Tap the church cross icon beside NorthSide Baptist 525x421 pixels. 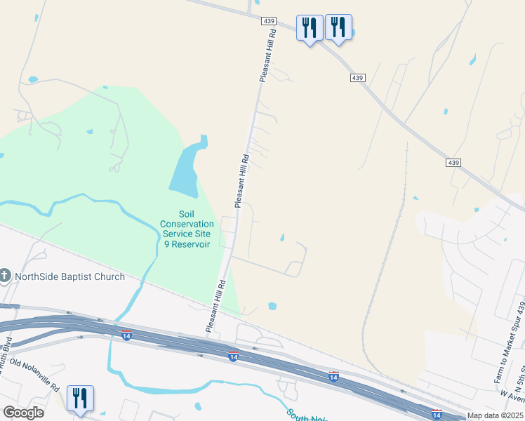click(x=5, y=276)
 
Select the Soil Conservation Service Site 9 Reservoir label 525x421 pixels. click(x=186, y=229)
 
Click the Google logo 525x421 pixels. click(x=24, y=413)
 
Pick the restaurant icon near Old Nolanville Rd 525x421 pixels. click(x=80, y=399)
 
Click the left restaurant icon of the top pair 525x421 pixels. click(x=310, y=28)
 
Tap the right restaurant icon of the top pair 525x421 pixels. click(x=338, y=28)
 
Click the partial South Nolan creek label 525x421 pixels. click(x=306, y=416)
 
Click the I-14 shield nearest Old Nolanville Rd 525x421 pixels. click(x=126, y=334)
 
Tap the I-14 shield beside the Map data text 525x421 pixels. click(x=436, y=415)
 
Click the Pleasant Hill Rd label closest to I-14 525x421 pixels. click(x=215, y=307)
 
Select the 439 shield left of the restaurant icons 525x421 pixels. click(x=270, y=22)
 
